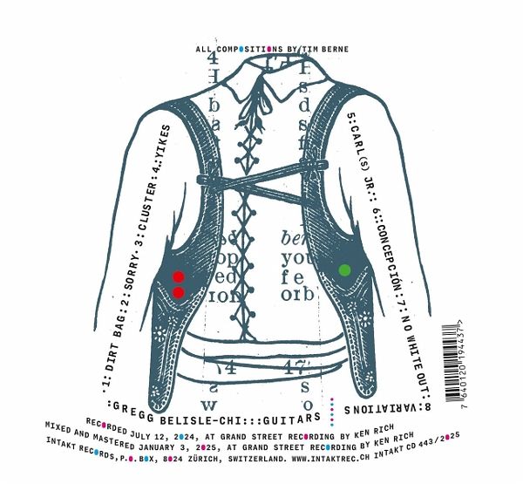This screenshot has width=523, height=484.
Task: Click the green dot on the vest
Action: click(x=343, y=270)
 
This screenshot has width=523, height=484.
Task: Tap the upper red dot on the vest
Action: click(x=178, y=277)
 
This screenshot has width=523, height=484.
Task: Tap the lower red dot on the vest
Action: click(x=178, y=293)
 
